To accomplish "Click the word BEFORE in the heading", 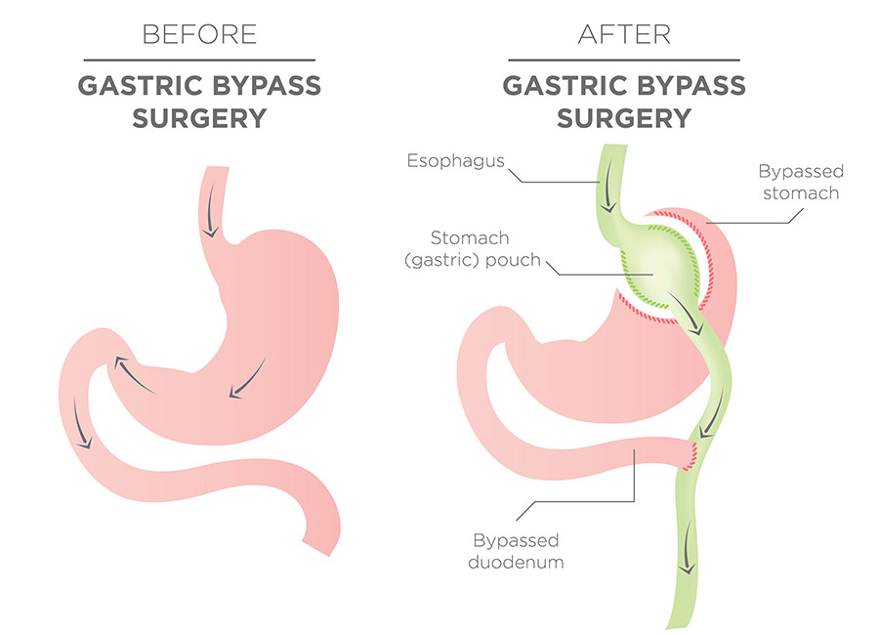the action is point(199,34).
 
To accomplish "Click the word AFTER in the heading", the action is point(624,34).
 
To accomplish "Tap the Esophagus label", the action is point(456,161).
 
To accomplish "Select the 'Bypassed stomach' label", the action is point(801,182).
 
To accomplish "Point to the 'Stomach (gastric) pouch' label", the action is point(472,248).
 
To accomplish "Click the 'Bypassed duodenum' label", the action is point(516,551).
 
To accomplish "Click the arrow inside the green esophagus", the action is point(608,185).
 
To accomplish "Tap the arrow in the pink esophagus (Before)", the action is point(210,209).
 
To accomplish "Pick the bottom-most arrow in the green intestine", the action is point(688,546).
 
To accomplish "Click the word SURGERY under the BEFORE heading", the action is point(199,118).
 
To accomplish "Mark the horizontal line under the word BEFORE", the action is point(199,60).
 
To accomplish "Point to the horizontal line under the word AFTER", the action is point(624,60).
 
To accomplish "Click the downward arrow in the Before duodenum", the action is point(81,423).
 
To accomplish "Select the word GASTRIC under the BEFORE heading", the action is point(140,86).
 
